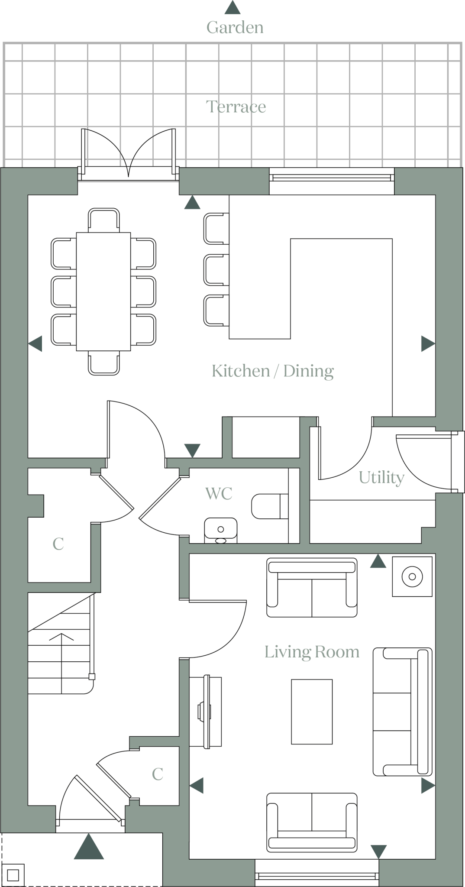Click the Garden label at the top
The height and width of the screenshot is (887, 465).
click(235, 27)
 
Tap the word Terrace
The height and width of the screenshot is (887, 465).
click(236, 107)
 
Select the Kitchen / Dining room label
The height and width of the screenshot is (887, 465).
click(272, 371)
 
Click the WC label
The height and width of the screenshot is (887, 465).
click(219, 493)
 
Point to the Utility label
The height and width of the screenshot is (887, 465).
click(381, 477)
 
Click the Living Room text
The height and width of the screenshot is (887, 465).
click(312, 652)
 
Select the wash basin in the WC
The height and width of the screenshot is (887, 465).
click(220, 529)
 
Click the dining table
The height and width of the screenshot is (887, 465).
click(103, 291)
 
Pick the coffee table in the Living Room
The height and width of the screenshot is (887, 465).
click(312, 712)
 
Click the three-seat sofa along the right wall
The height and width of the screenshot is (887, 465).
click(402, 712)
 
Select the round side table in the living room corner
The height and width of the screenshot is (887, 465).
click(412, 576)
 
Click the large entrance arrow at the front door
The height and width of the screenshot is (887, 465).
click(89, 848)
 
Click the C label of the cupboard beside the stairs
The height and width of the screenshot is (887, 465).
click(58, 544)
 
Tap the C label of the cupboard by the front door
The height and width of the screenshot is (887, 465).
click(158, 774)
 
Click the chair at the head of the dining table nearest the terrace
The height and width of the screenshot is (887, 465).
click(103, 220)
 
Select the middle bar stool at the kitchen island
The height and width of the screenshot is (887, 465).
click(216, 270)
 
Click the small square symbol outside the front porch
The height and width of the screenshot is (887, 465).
click(13, 875)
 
